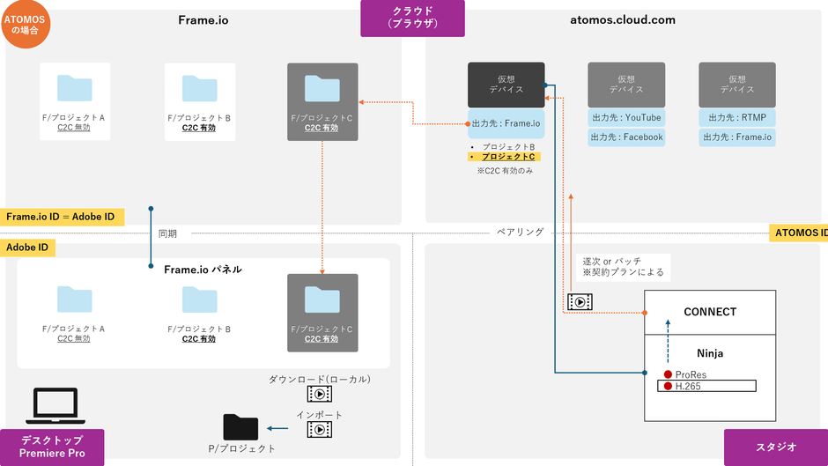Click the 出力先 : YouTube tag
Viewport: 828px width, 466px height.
coord(626,117)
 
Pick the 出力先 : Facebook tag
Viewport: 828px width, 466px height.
coord(626,137)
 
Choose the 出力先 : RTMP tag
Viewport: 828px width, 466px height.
coord(737,117)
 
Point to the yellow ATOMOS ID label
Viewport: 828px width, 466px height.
coord(799,233)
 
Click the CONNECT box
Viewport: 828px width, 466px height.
coord(710,312)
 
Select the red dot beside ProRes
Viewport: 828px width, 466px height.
coord(669,374)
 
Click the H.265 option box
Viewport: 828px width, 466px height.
coord(706,386)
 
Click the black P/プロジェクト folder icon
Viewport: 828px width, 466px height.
coord(240,427)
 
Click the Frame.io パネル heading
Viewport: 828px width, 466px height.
coord(203,269)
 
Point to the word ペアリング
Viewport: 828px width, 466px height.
coord(520,233)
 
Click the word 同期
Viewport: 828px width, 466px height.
coord(167,233)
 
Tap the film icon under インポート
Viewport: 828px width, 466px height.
coord(320,429)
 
